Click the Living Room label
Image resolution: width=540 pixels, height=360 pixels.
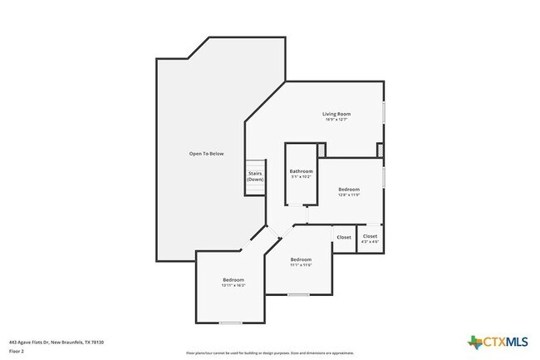[336, 114]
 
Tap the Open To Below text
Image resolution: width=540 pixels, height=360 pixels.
[205, 154]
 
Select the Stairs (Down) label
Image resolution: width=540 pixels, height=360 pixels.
[255, 176]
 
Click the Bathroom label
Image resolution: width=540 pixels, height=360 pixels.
[300, 171]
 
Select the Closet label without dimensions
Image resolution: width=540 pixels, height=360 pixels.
[344, 237]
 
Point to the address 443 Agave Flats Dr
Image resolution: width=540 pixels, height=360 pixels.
[56, 342]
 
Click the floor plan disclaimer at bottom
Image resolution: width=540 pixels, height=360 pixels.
[269, 353]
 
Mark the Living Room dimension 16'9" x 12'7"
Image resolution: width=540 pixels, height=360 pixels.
[336, 120]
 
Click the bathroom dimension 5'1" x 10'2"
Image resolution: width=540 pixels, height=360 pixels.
[300, 177]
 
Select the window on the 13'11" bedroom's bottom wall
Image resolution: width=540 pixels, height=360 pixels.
[231, 323]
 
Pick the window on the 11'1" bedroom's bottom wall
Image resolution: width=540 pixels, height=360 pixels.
[298, 294]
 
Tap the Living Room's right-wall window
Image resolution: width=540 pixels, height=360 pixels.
[384, 113]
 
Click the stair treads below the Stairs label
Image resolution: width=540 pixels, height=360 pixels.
[255, 190]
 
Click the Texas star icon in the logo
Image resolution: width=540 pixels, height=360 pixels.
[474, 342]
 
